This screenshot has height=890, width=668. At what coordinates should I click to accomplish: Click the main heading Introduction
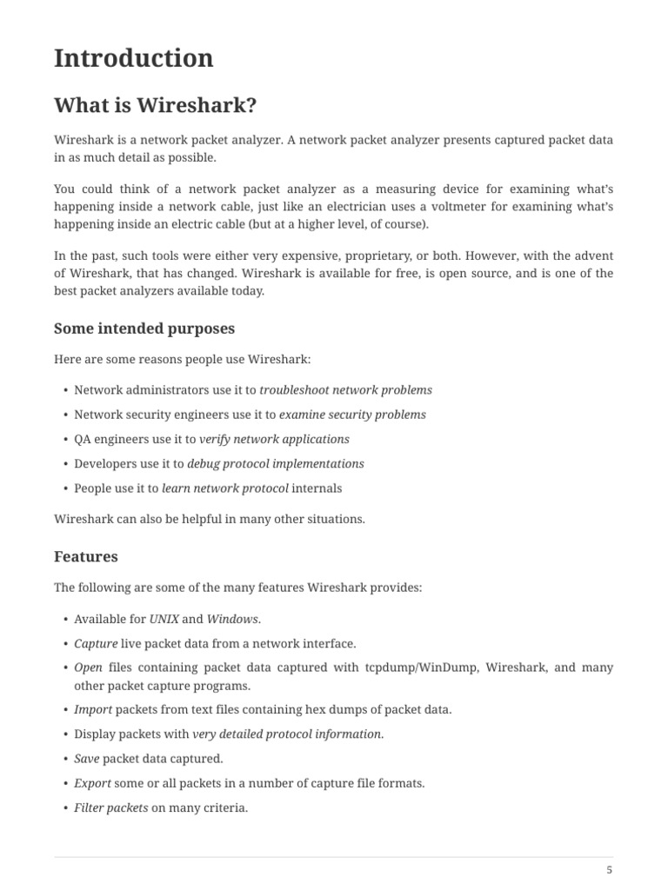click(x=133, y=58)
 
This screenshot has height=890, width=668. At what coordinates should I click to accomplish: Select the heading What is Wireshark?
click(x=156, y=106)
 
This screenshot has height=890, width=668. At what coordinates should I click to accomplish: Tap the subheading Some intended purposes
click(x=144, y=329)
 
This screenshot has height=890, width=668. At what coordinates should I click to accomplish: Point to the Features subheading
click(x=86, y=556)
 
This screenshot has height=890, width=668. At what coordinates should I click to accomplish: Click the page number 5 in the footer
click(x=609, y=870)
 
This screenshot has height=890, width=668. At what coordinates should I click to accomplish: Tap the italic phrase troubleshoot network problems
click(x=345, y=390)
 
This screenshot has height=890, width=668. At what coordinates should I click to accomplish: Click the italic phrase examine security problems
click(x=352, y=415)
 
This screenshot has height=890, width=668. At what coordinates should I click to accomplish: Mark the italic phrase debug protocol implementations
click(x=276, y=463)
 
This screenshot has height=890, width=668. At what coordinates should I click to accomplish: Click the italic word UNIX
click(x=164, y=619)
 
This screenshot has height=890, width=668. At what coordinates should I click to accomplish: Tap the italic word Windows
click(x=232, y=619)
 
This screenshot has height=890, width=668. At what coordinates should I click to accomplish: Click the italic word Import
click(x=93, y=709)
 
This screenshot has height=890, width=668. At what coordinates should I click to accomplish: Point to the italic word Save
click(x=86, y=758)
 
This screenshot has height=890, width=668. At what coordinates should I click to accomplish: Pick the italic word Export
click(x=92, y=783)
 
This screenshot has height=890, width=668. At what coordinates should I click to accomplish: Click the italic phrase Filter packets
click(x=111, y=807)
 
